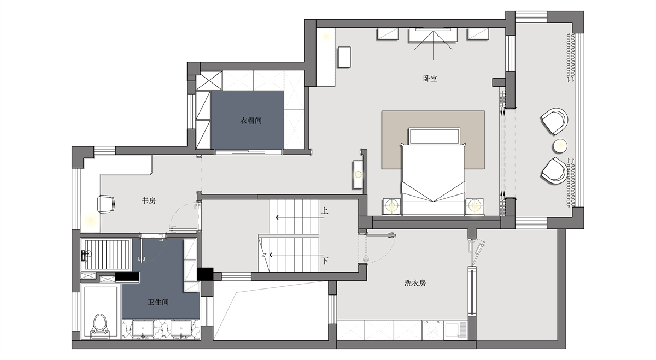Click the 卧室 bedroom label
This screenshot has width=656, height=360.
(430, 79)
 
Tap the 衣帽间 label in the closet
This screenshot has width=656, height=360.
(251, 121)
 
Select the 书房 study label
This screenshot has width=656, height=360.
(149, 201)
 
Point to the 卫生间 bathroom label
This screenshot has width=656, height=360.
(158, 302)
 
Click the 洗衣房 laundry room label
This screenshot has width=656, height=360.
(415, 283)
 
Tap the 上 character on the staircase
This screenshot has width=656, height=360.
(324, 211)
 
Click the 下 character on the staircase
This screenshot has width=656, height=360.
(325, 261)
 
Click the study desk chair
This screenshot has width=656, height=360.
(106, 203)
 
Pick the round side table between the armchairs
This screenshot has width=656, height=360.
(560, 146)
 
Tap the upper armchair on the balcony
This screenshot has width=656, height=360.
(554, 121)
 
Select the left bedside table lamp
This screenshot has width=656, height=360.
(391, 206)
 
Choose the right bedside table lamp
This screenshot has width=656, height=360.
(475, 206)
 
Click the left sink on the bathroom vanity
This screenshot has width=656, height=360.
(143, 329)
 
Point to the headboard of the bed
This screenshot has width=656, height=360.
(434, 136)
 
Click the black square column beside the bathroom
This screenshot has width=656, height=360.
(205, 274)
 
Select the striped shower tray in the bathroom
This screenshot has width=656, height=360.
(107, 255)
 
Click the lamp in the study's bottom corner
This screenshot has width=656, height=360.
(89, 219)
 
